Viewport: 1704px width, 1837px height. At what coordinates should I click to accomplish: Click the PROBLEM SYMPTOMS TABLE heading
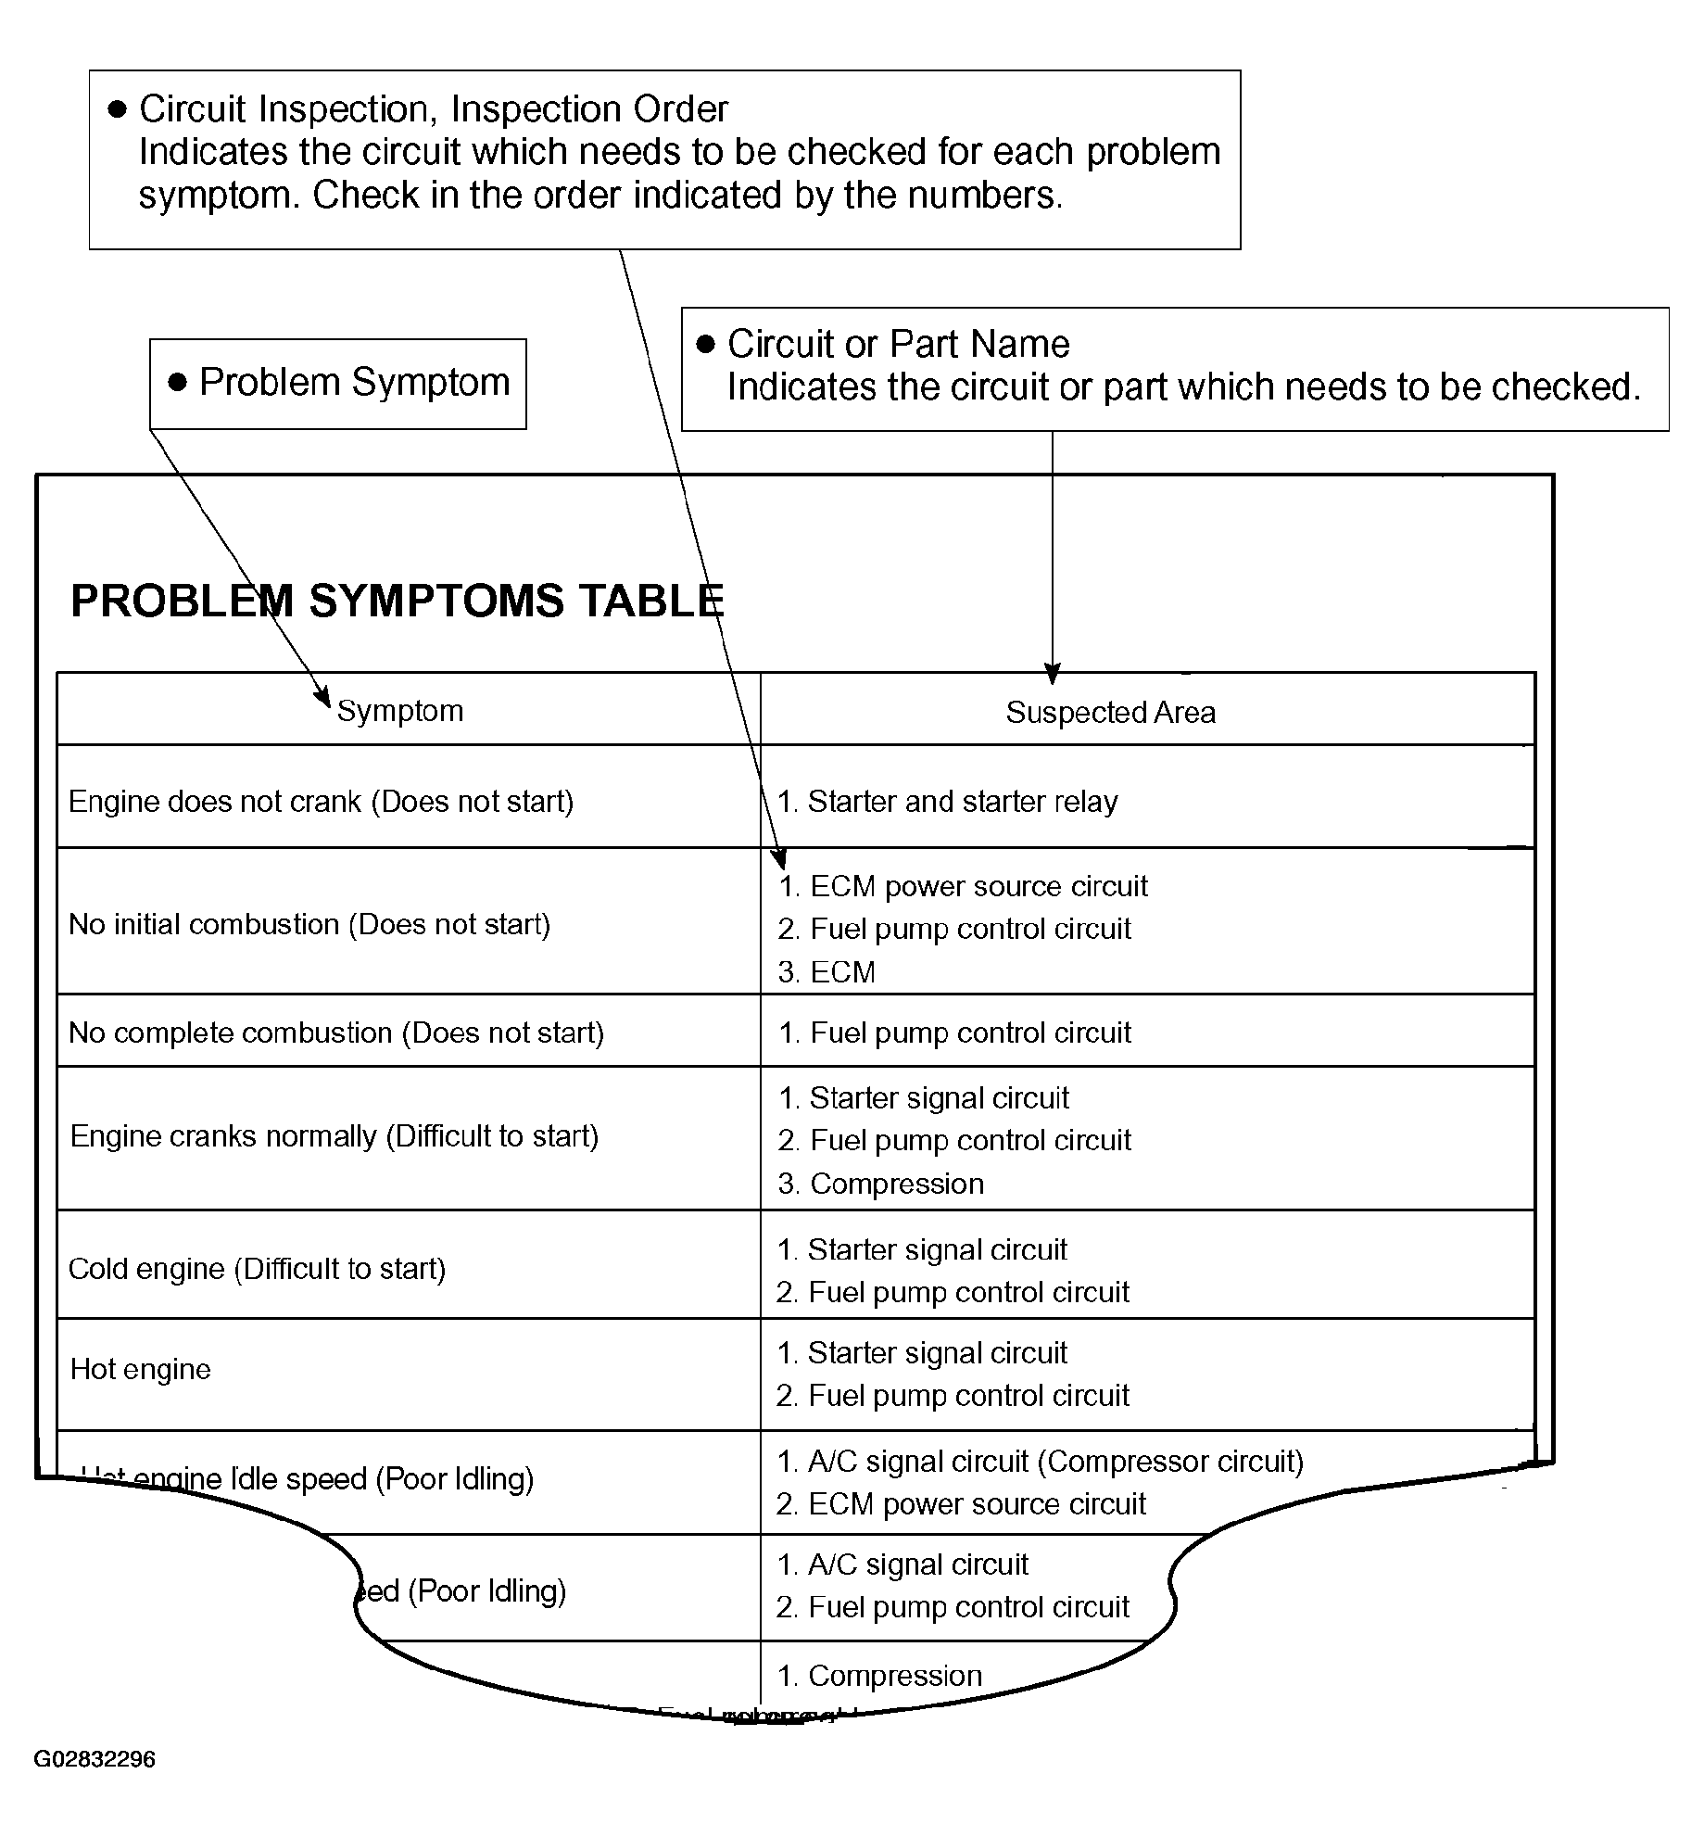point(397,601)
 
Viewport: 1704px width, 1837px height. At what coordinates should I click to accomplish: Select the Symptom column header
point(399,711)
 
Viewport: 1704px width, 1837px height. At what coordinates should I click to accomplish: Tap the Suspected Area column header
point(1110,712)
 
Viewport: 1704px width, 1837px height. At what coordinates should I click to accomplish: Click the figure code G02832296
point(95,1759)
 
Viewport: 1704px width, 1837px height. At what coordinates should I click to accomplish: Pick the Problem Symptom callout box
point(338,383)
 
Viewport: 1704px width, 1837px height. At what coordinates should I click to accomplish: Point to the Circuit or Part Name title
point(898,344)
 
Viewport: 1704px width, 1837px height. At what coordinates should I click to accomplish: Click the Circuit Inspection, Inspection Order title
point(433,109)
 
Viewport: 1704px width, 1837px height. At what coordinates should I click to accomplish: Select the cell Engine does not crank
point(321,801)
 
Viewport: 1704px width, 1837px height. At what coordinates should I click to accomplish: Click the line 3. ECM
point(827,971)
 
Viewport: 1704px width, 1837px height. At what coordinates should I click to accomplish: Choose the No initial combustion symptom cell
point(309,924)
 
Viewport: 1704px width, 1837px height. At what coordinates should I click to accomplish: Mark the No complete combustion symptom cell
point(336,1033)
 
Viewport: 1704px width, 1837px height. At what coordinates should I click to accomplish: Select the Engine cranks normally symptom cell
point(334,1136)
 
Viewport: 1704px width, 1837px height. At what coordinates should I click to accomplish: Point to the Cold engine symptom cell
point(257,1268)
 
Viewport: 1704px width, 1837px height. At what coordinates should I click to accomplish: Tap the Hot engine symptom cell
point(141,1369)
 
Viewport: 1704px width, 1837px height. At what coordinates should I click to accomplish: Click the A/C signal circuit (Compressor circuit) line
point(1040,1461)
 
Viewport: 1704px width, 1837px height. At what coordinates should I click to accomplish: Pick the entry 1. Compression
point(879,1676)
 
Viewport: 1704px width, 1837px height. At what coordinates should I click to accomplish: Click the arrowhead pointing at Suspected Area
point(1052,674)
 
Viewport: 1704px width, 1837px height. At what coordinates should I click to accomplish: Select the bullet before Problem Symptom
point(178,383)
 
